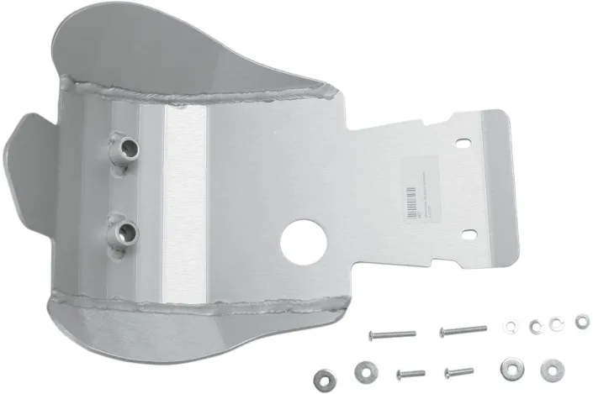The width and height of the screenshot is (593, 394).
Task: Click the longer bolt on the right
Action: point(462,330)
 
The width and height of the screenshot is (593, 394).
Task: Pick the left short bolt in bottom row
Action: point(409,372)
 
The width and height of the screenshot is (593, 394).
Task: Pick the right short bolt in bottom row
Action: point(458,370)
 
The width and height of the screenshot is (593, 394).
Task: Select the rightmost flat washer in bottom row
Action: point(552,369)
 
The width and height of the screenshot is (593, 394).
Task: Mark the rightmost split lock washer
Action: point(582,320)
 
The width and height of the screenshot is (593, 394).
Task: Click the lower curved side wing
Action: point(126,336)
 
